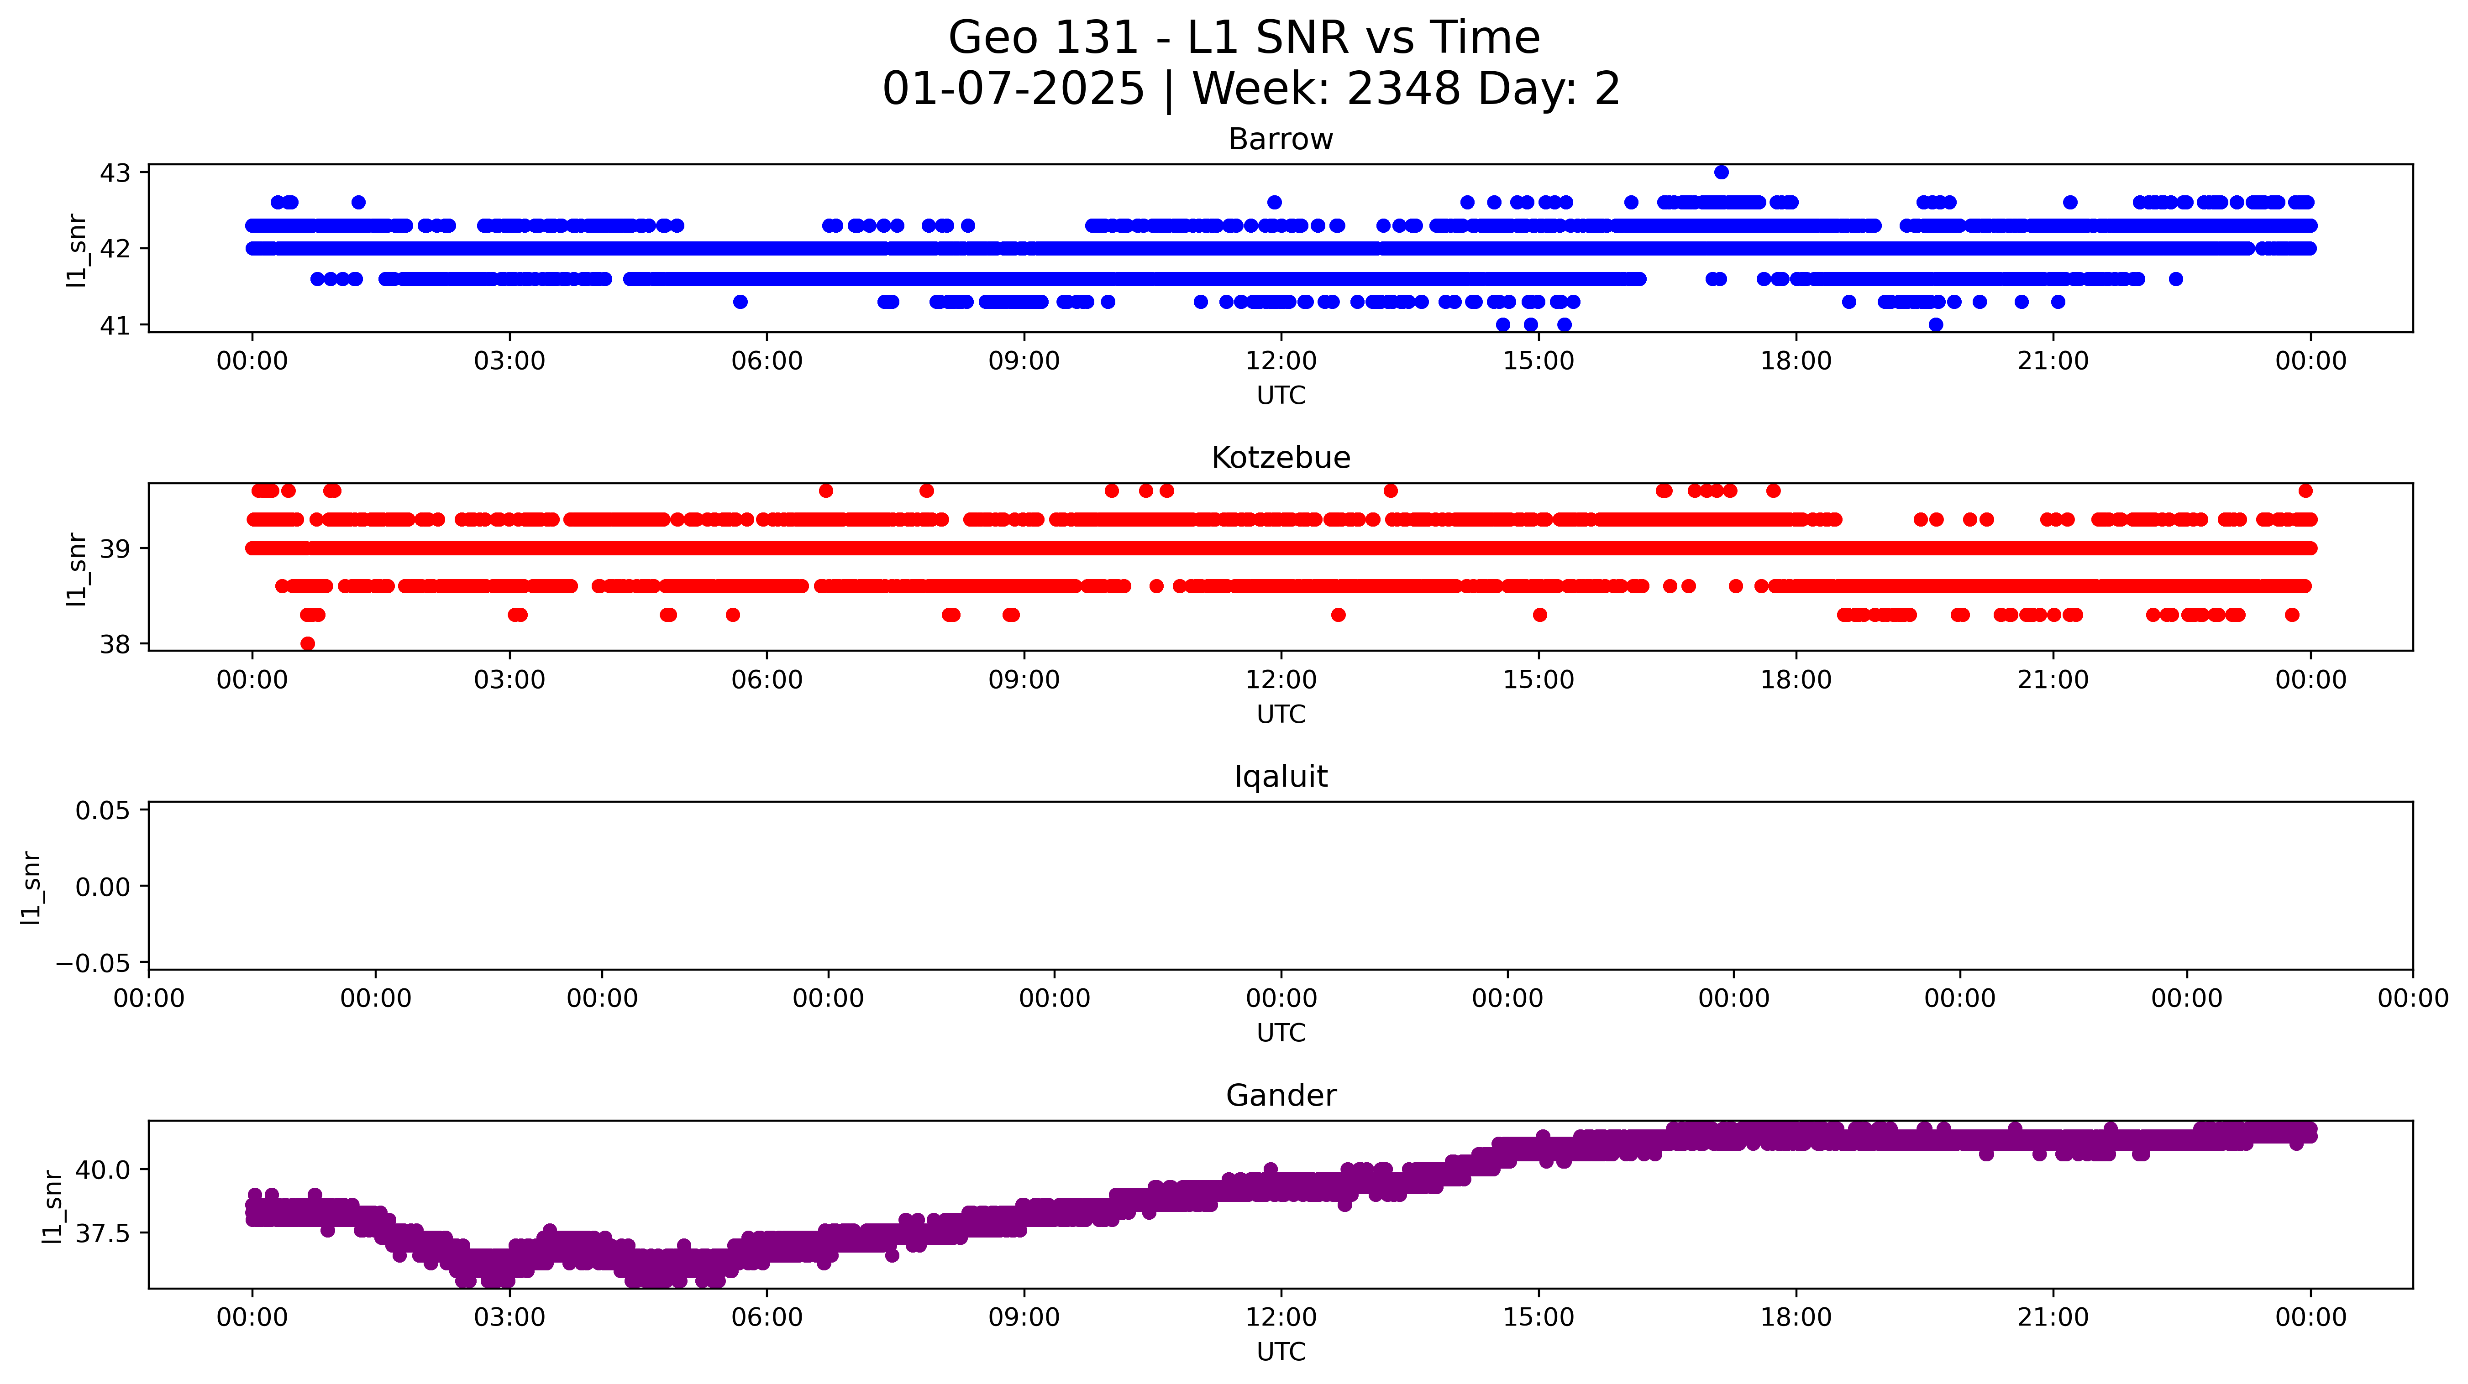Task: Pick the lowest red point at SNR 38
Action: pos(308,644)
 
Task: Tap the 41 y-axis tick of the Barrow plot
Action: pos(115,326)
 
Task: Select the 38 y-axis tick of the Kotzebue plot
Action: pos(115,645)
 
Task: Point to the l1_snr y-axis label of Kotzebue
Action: pos(77,569)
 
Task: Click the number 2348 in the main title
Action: pos(1403,89)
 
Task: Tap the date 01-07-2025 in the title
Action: pos(1013,89)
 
